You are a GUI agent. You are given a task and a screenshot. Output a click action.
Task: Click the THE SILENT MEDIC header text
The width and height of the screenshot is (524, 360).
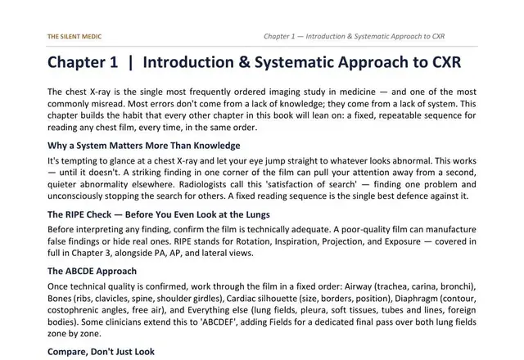pyautogui.click(x=75, y=36)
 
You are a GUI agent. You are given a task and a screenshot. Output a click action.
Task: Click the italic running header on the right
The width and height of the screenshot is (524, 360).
pyautogui.click(x=354, y=36)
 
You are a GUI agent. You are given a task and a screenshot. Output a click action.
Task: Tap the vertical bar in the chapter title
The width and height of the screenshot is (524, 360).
pyautogui.click(x=130, y=63)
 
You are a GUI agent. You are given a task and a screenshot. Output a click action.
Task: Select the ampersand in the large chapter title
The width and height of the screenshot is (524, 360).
pyautogui.click(x=244, y=62)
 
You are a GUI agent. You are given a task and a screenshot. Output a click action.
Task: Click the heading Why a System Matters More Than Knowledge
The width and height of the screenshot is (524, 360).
pyautogui.click(x=144, y=146)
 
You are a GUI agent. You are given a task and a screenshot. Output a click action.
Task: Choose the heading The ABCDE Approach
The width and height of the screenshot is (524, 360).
pyautogui.click(x=92, y=271)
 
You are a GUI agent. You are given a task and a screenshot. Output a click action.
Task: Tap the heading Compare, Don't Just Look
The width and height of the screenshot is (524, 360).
pyautogui.click(x=101, y=352)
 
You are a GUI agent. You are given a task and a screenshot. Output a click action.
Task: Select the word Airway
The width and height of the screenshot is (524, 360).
pyautogui.click(x=358, y=286)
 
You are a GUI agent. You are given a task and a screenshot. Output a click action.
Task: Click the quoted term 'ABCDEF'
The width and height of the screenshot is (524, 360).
pyautogui.click(x=219, y=322)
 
